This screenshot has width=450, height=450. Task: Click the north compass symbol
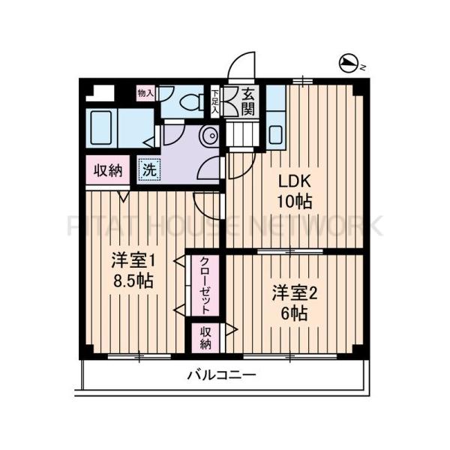[x=349, y=65]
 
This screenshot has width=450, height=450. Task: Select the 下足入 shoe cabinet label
[x=215, y=102]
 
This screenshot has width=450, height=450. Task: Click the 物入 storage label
[x=145, y=94]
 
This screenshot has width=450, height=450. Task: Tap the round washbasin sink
[x=211, y=136]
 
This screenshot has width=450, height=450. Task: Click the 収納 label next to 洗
[x=108, y=170]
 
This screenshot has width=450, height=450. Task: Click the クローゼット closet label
[x=205, y=285]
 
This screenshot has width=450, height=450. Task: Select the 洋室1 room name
[x=133, y=261]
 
